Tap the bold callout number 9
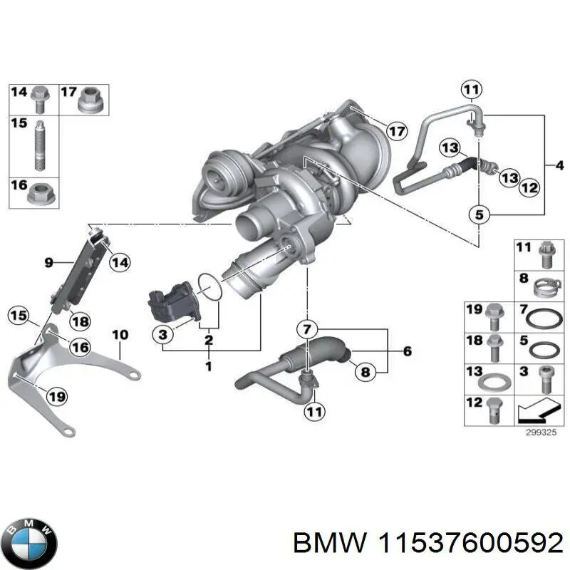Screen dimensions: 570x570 [48, 263]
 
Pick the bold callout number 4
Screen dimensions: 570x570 [559, 165]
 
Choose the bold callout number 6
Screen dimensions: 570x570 [407, 351]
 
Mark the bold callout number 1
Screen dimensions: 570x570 [208, 366]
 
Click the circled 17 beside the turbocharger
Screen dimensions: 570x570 [397, 130]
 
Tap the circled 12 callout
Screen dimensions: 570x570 [528, 188]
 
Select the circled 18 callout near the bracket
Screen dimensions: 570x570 [80, 321]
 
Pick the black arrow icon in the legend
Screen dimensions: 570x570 [537, 410]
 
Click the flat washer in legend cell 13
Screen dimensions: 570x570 [496, 380]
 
